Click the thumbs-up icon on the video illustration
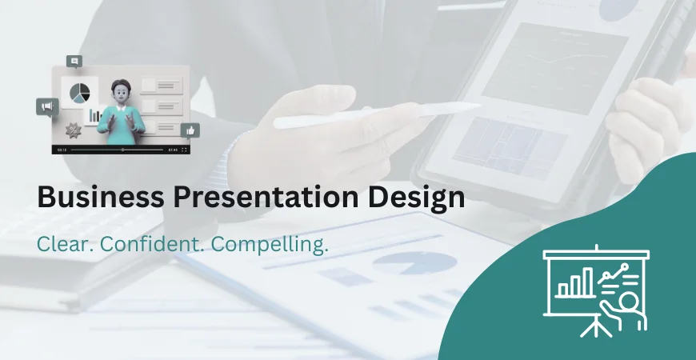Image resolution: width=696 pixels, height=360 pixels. [190, 130]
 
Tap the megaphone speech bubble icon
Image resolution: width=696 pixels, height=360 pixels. [46, 107]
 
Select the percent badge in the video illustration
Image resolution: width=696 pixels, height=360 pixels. [73, 130]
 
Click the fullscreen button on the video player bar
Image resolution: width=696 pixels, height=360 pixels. [185, 150]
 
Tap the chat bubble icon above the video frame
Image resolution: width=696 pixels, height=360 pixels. [75, 61]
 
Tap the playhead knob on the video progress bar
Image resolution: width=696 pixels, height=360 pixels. [122, 150]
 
